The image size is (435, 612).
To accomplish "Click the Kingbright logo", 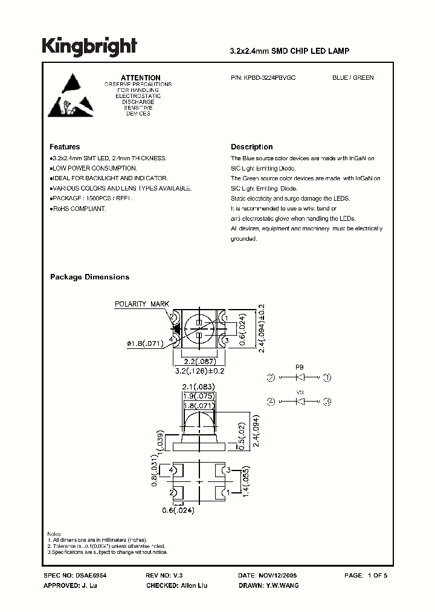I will click(89, 47).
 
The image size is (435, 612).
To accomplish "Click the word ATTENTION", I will click(141, 78).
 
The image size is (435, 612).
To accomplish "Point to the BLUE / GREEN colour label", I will click(353, 78).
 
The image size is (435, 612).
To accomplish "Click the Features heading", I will click(65, 147).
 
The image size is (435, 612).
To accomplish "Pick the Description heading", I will click(252, 147).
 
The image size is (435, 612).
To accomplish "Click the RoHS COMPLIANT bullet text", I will click(79, 209).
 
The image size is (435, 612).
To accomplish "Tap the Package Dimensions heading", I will click(89, 277).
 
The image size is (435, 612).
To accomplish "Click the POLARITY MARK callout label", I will click(143, 304).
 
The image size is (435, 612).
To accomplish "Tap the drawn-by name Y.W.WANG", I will click(282, 585).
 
